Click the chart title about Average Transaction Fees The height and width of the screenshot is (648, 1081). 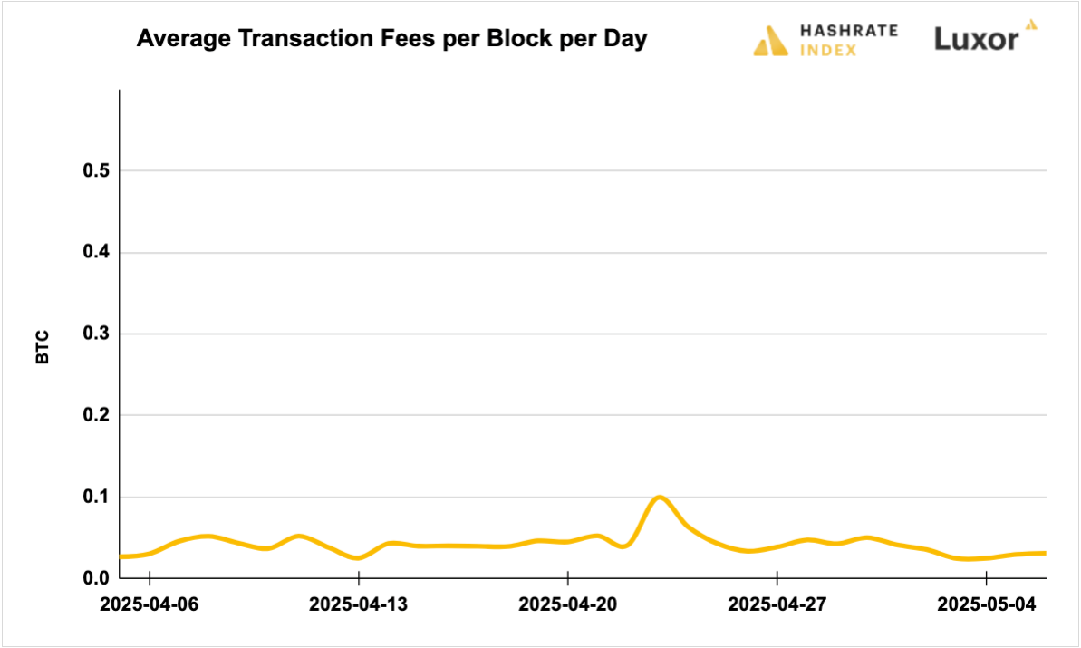391,40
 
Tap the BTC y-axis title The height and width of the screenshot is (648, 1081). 43,347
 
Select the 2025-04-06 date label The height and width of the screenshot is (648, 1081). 150,604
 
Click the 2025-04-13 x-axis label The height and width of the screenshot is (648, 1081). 359,604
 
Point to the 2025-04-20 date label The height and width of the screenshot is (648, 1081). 568,604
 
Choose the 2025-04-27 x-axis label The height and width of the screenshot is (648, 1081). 777,604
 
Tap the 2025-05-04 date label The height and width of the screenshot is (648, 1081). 987,604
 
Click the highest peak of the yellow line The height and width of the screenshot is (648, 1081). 659,497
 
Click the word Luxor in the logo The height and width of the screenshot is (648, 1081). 976,39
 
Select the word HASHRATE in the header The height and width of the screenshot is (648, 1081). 849,30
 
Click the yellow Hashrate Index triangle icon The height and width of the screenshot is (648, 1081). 770,41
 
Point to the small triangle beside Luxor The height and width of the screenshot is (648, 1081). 1030,24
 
